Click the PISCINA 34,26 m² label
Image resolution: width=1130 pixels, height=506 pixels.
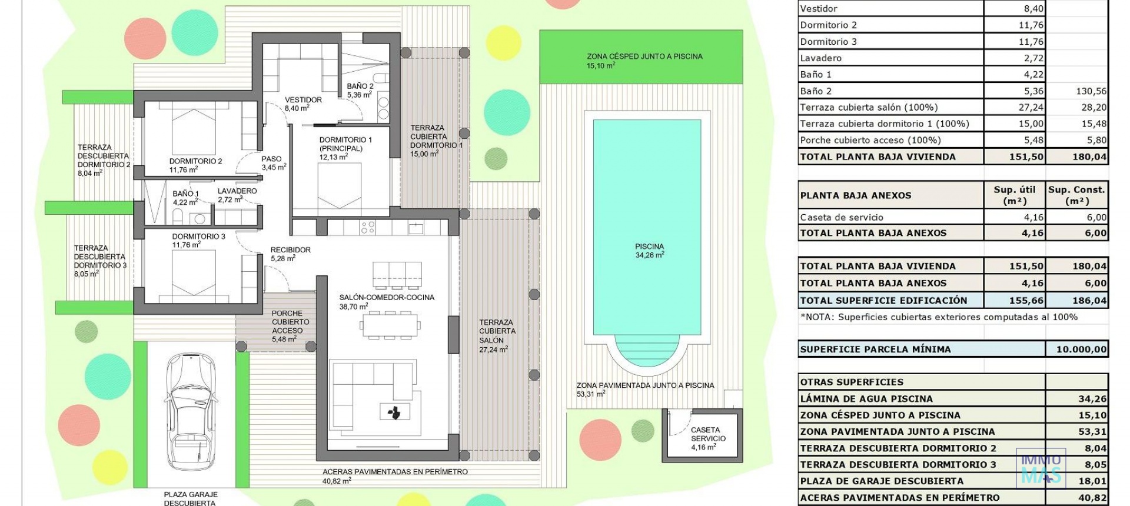click(x=649, y=251)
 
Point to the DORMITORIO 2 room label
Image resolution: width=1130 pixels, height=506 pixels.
click(x=195, y=165)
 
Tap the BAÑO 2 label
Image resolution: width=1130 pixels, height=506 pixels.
click(x=360, y=90)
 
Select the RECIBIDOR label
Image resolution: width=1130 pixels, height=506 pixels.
click(x=290, y=254)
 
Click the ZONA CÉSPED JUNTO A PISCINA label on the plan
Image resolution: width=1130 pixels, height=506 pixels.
click(x=644, y=61)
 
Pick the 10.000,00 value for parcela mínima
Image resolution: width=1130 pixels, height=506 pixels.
click(x=1081, y=349)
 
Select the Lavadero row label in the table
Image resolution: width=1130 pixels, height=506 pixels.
click(x=820, y=58)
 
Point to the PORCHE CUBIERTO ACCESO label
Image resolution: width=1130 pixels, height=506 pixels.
click(x=290, y=326)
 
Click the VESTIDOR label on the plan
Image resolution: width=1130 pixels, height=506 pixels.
click(x=303, y=104)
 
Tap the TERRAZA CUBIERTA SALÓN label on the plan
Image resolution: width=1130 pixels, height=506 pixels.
click(x=497, y=335)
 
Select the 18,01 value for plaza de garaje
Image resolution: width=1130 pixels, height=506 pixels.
click(x=1092, y=481)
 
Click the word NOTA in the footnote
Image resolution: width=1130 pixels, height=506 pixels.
click(x=818, y=317)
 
